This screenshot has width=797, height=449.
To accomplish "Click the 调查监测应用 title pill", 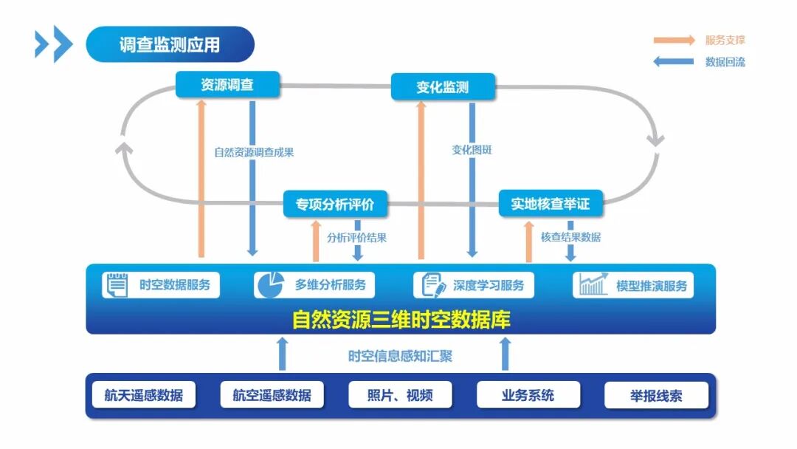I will [x=170, y=44].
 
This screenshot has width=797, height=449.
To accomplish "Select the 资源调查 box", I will [x=227, y=84].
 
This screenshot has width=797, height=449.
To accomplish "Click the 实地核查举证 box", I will [x=551, y=204].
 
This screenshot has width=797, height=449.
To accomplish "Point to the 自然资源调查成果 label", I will [x=254, y=153].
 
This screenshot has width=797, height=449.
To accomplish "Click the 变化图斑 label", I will [x=472, y=150].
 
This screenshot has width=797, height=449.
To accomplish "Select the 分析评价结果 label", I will [x=357, y=238].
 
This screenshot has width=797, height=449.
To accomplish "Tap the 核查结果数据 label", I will [x=570, y=237].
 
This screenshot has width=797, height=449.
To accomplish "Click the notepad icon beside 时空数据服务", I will [x=116, y=284].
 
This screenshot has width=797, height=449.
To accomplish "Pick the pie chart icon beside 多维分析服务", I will [x=270, y=284].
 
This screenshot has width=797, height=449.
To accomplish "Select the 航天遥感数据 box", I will [x=143, y=395].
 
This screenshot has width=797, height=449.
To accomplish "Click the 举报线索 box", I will [x=656, y=395].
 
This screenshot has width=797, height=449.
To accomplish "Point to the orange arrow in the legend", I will [x=673, y=40].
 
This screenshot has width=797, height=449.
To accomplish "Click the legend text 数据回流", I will [x=725, y=62].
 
